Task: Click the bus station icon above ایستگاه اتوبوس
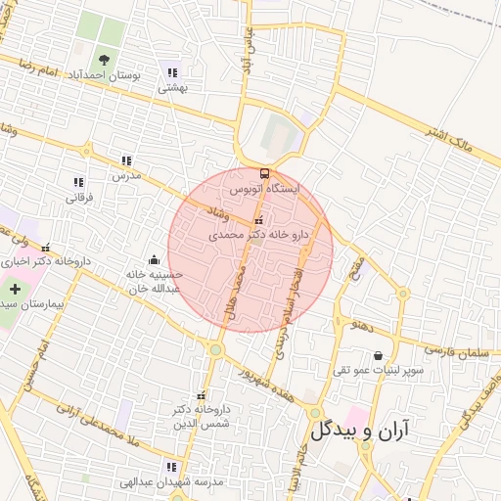(x=263, y=172)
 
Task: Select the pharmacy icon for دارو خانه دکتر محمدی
(x=258, y=221)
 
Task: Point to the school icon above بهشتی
(x=172, y=72)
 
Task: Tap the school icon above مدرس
(x=126, y=160)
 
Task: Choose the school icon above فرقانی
(x=78, y=182)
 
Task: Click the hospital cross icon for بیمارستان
(x=15, y=290)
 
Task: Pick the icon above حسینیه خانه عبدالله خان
(x=154, y=260)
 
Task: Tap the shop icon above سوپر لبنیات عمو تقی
(x=378, y=355)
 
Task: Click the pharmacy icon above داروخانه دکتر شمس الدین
(x=203, y=393)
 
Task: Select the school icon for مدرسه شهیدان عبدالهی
(x=172, y=467)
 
